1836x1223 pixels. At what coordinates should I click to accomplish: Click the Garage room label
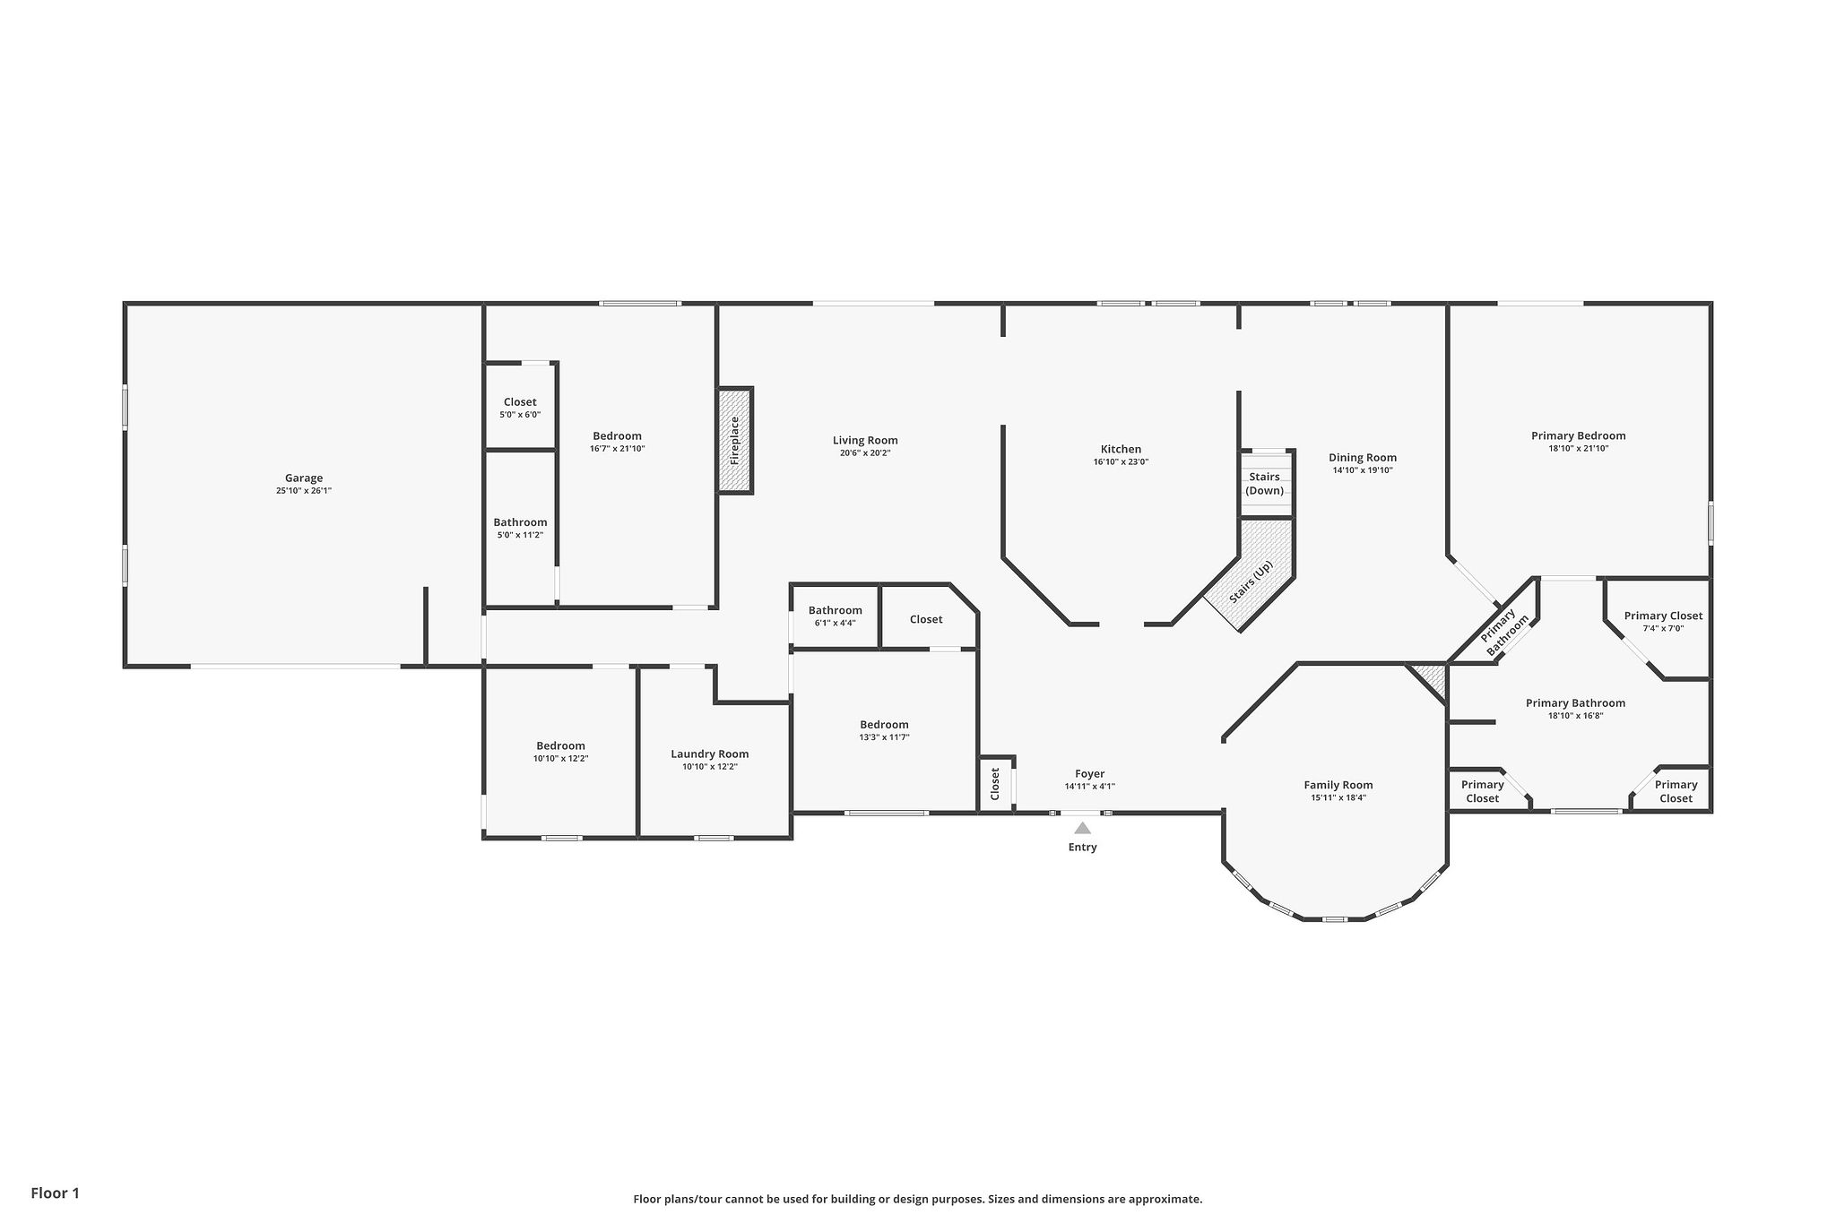pos(304,478)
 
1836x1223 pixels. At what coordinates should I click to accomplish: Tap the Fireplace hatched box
pos(735,440)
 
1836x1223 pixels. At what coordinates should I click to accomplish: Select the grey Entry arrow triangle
pos(1082,829)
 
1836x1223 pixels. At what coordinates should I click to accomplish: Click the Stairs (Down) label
pos(1264,484)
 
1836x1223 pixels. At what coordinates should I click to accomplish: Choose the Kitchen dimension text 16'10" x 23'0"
pos(1121,462)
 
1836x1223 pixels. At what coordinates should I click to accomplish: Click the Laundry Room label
pos(709,754)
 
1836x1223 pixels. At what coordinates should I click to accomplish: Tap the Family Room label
pos(1338,785)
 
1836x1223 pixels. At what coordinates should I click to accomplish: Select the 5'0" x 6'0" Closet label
pos(520,402)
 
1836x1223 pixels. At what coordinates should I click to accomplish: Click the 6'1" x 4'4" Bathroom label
pos(835,610)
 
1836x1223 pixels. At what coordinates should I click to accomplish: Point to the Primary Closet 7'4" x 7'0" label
pos(1663,616)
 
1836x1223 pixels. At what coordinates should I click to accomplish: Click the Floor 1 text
pos(55,1193)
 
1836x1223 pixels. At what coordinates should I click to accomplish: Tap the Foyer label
pos(1089,774)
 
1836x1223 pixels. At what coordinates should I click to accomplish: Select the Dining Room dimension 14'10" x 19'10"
pos(1362,470)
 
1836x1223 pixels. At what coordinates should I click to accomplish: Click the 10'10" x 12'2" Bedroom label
pos(560,745)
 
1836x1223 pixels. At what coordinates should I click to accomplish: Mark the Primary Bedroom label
pos(1578,436)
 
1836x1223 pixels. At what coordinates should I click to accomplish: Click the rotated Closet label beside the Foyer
pos(995,784)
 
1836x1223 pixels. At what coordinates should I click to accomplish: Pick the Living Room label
pos(864,440)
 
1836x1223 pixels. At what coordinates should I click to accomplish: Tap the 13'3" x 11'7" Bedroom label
pos(884,725)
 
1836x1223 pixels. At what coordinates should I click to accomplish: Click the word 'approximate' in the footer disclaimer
pos(1164,1199)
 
